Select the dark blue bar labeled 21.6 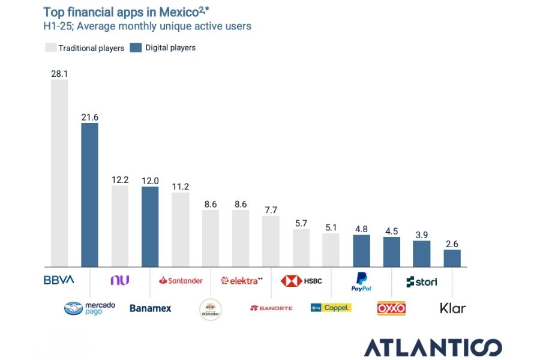point(89,195)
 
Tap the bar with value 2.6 point(452,258)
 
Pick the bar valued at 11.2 point(181,229)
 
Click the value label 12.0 point(150,180)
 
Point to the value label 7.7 point(271,209)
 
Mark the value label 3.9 point(422,234)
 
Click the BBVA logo point(59,280)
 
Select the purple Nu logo point(120,280)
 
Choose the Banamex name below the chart point(151,308)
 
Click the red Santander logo point(181,280)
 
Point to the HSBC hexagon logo point(292,280)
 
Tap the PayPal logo point(361,281)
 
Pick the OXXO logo point(391,308)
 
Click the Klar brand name point(452,308)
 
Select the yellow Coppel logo point(331,308)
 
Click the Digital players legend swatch point(135,47)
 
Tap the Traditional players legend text point(91,48)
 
